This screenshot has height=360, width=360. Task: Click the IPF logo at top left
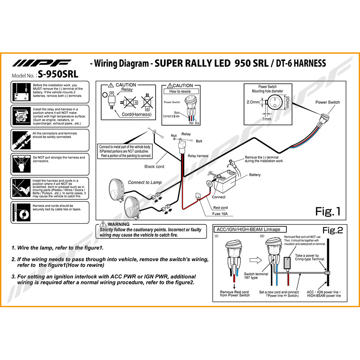click(42, 63)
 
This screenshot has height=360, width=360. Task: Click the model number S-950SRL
click(58, 74)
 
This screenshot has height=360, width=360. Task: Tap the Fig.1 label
click(327, 211)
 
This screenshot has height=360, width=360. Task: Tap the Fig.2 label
click(333, 230)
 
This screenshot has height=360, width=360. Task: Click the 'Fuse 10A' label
click(220, 214)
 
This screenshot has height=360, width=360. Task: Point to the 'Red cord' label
click(220, 208)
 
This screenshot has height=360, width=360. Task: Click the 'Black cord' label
click(154, 166)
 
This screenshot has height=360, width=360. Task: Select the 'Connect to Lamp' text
click(145, 182)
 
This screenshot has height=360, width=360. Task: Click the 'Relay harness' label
click(198, 156)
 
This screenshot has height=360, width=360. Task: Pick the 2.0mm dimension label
click(253, 102)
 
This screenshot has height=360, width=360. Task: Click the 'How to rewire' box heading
click(180, 91)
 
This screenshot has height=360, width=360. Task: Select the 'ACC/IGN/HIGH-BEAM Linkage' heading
click(248, 229)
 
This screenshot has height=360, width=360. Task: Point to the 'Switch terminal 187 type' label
click(256, 276)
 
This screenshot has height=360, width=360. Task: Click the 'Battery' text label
click(255, 175)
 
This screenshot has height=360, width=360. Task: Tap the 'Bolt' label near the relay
click(199, 141)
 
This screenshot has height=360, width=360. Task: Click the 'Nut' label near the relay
click(174, 136)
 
